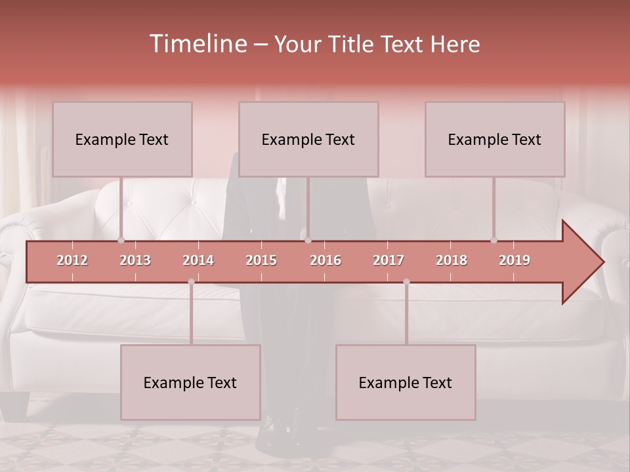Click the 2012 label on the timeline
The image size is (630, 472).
click(72, 260)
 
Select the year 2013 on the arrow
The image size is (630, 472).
click(135, 260)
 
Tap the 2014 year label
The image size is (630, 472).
click(198, 260)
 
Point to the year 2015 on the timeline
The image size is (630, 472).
click(261, 260)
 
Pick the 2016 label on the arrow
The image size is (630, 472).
click(325, 260)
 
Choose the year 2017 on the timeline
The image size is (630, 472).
click(388, 260)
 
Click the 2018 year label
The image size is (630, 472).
click(451, 260)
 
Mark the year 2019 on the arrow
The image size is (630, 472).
click(514, 260)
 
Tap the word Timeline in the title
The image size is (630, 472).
click(197, 44)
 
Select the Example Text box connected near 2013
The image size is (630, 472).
click(122, 139)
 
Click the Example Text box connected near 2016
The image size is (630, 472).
click(308, 139)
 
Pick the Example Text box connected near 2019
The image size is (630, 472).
click(495, 139)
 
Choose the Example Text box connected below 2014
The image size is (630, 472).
click(190, 382)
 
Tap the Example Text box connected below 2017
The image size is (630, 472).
click(406, 382)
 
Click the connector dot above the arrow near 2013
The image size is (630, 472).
click(121, 240)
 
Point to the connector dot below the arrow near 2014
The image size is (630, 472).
click(191, 282)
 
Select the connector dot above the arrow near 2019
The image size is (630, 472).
click(493, 240)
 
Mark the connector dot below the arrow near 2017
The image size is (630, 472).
click(406, 282)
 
